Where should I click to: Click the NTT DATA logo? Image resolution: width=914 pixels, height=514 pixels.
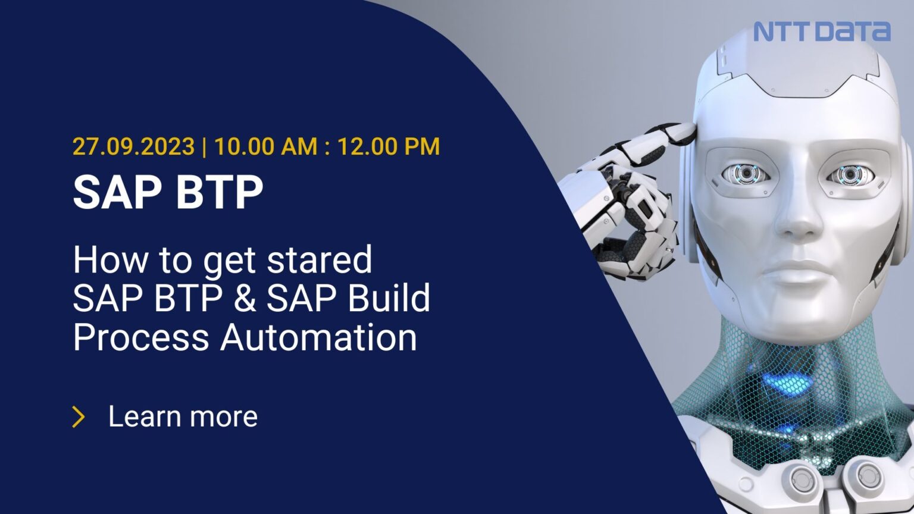pyautogui.click(x=822, y=31)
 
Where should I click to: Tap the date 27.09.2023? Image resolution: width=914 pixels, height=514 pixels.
pyautogui.click(x=133, y=146)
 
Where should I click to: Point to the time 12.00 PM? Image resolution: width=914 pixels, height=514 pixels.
pyautogui.click(x=389, y=146)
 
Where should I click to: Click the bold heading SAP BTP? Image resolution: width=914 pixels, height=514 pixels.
pyautogui.click(x=168, y=192)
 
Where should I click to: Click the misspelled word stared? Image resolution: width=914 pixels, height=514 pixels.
pyautogui.click(x=319, y=260)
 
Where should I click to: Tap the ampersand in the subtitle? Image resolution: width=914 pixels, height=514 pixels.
pyautogui.click(x=245, y=298)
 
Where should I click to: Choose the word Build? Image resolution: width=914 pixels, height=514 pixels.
pyautogui.click(x=389, y=298)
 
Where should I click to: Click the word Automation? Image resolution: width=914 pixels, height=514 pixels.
pyautogui.click(x=318, y=337)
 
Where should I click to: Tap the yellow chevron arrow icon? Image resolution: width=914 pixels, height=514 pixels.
pyautogui.click(x=79, y=417)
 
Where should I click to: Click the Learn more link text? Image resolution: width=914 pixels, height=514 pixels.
pyautogui.click(x=183, y=416)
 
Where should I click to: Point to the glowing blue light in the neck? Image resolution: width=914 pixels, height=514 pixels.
pyautogui.click(x=785, y=381)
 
